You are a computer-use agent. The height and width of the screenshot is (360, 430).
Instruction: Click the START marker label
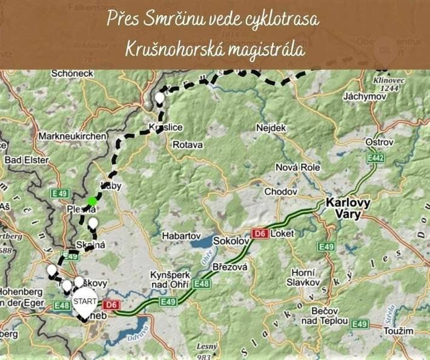point(85,301)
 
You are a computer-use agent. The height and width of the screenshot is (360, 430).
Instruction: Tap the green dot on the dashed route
point(91,201)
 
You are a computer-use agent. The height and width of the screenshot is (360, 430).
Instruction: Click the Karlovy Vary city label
point(348,208)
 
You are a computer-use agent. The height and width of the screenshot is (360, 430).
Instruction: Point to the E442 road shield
point(376,157)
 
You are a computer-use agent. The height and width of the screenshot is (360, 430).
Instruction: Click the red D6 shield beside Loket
point(260,233)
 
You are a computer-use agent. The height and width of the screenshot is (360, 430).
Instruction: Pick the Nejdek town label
point(271,128)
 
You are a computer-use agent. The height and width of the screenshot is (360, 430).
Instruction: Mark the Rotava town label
point(188,145)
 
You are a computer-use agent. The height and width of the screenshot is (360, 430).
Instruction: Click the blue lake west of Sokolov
point(202,244)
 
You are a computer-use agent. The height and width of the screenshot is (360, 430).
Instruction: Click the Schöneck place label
point(73,73)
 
